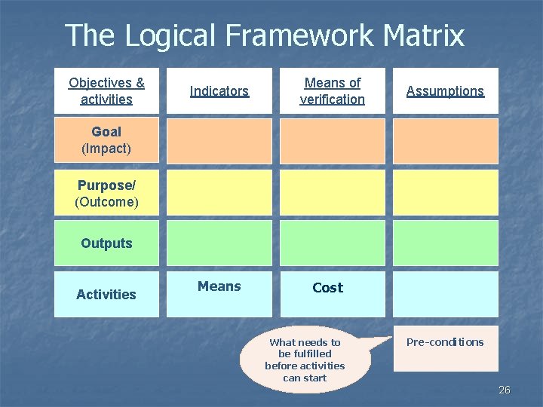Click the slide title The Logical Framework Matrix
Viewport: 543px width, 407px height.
tap(265, 35)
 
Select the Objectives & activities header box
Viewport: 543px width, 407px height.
tap(106, 90)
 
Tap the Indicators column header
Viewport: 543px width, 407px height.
tap(219, 90)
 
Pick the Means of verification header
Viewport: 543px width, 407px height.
tap(332, 90)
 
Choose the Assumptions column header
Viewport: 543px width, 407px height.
tap(445, 90)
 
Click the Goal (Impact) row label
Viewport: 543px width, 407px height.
tap(106, 140)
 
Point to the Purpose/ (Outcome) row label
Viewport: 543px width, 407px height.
tap(106, 193)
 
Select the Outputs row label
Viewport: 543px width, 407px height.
tap(106, 243)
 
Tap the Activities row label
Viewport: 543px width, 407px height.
tap(106, 294)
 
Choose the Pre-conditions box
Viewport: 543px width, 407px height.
tap(445, 347)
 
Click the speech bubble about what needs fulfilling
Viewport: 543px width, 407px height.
tap(305, 360)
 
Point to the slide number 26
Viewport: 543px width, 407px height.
tap(505, 390)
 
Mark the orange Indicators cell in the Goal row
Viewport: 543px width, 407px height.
tap(219, 140)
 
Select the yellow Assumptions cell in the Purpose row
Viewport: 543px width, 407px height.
tap(445, 193)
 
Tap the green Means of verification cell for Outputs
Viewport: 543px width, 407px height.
tap(332, 243)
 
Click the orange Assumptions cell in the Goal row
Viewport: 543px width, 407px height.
tap(445, 140)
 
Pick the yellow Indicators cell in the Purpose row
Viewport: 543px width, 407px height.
tap(219, 193)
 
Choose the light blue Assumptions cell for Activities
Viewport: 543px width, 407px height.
tap(445, 294)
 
